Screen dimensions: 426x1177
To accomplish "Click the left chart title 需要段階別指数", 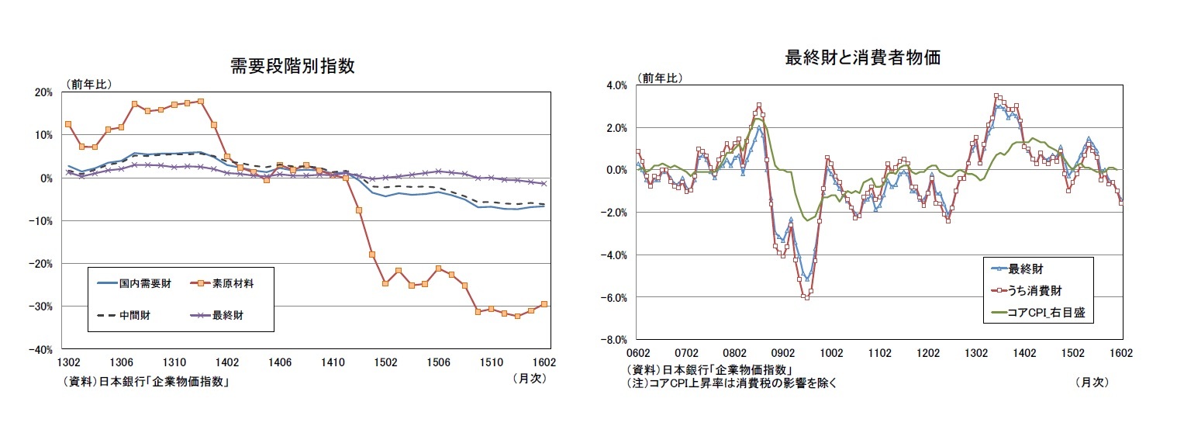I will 292,66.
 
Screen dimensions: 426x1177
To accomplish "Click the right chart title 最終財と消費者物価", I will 863,57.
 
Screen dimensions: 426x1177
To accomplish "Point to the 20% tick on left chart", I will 43,92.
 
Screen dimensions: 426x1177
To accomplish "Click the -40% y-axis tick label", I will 41,349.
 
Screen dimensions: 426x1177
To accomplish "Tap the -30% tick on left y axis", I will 41,307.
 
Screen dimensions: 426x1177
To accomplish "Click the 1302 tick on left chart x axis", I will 68,362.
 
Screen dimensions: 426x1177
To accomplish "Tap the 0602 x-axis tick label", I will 637,352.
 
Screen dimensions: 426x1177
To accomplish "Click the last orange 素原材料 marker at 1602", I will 544,304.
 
